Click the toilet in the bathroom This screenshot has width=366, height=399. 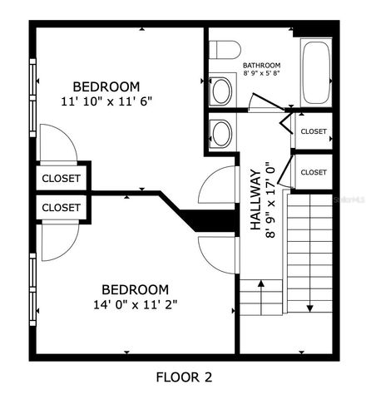click(x=225, y=50)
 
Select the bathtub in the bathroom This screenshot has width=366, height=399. click(x=316, y=72)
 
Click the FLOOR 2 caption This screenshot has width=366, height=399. click(x=184, y=377)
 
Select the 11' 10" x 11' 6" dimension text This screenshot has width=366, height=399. click(x=106, y=101)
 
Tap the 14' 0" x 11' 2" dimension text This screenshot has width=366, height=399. click(x=136, y=305)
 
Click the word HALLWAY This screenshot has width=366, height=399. click(x=255, y=200)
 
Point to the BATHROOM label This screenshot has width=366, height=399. click(x=261, y=66)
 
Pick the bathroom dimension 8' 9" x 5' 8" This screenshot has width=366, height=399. click(x=261, y=73)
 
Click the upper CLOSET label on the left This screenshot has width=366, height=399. click(x=62, y=179)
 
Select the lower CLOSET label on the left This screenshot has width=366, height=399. click(x=62, y=208)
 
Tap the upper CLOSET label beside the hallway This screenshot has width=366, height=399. click(x=314, y=131)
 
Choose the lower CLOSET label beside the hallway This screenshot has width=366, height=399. click(x=314, y=172)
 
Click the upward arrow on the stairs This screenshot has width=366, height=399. click(x=260, y=298)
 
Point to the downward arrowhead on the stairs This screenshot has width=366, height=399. click(x=309, y=308)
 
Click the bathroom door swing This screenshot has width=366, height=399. click(x=266, y=102)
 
